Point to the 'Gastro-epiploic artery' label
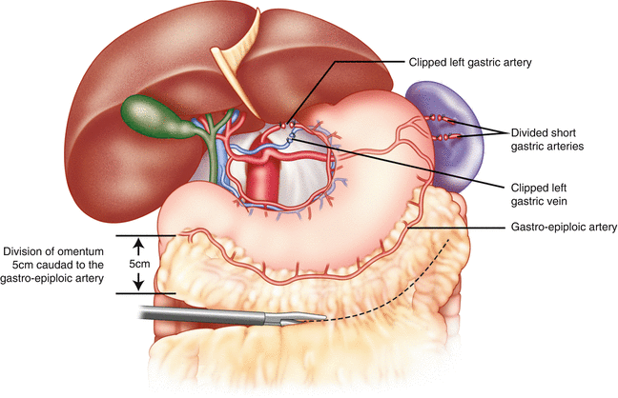pos(558,228)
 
